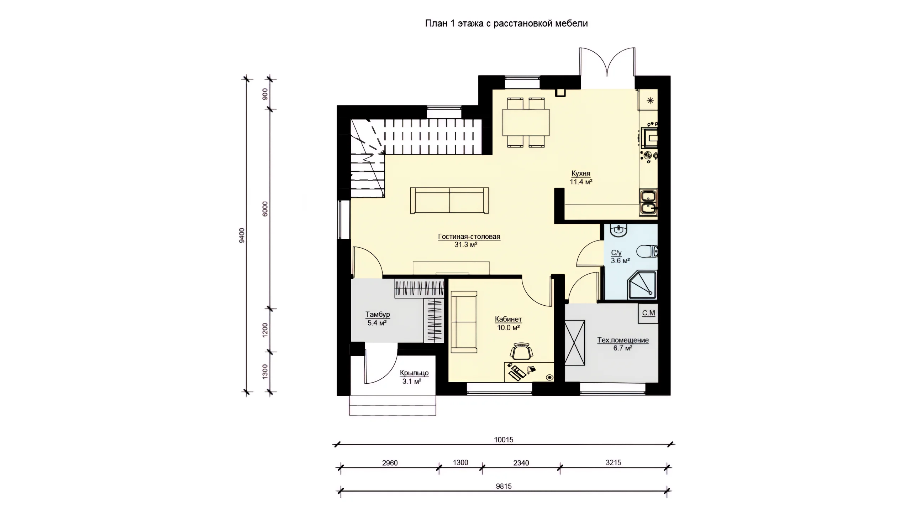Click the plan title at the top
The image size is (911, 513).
[x=506, y=24]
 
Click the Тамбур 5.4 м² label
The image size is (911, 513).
[x=378, y=319]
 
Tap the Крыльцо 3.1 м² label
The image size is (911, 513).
[x=414, y=377]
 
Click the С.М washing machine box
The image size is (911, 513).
[x=648, y=313]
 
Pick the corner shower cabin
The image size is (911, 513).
[x=642, y=285]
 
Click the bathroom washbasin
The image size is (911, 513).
[x=619, y=230]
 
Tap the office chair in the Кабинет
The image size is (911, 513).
[x=522, y=351]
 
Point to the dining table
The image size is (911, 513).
[x=526, y=122]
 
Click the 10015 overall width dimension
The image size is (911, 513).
[x=504, y=440]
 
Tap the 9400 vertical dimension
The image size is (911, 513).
[x=242, y=235]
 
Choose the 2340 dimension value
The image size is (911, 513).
[x=521, y=463]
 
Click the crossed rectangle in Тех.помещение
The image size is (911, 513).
[x=575, y=343]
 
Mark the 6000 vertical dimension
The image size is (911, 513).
[x=265, y=209]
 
